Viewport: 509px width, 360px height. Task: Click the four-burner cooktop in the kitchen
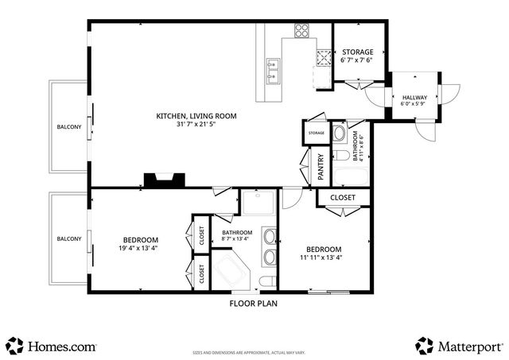coord(302,32)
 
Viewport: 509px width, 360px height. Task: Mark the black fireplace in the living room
coord(164,180)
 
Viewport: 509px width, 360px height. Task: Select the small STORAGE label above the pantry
coord(316,133)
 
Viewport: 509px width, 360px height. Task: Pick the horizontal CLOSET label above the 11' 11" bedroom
coord(342,197)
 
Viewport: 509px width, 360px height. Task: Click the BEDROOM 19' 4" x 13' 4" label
coord(140,244)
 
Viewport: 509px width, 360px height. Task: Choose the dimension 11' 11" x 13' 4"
coord(321,257)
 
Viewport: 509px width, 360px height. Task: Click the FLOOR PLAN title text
coord(254,303)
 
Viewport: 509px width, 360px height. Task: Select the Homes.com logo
coord(52,346)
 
